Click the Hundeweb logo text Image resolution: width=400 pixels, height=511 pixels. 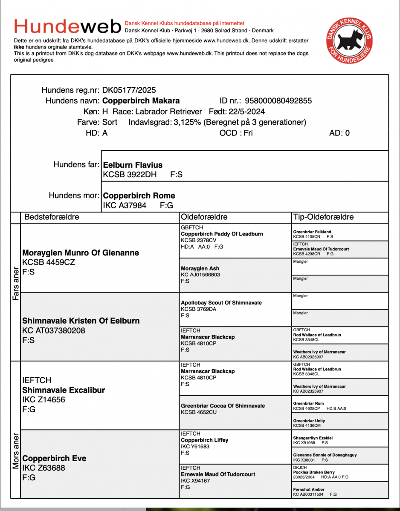click(67, 27)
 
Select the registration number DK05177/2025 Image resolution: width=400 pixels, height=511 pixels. click(129, 90)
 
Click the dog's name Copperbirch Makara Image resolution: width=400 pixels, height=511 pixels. click(141, 101)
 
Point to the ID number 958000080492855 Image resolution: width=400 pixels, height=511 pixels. click(278, 101)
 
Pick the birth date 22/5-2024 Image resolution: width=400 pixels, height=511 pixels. click(246, 112)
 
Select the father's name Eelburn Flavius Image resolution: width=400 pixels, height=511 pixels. click(133, 165)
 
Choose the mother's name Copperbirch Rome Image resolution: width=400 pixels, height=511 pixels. click(139, 196)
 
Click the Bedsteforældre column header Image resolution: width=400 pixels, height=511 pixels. click(52, 217)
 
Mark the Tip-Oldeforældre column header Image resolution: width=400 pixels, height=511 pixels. click(323, 217)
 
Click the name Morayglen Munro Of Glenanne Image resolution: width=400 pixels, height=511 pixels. click(81, 253)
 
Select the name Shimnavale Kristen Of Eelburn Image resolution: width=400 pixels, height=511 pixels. click(81, 321)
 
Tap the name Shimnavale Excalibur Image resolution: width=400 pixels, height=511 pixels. click(64, 390)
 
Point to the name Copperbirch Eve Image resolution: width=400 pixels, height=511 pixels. click(54, 459)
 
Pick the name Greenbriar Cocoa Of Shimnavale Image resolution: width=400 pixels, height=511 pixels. click(223, 406)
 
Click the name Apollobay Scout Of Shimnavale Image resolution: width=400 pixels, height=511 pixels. click(221, 303)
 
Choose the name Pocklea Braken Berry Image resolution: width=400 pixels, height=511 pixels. click(314, 472)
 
